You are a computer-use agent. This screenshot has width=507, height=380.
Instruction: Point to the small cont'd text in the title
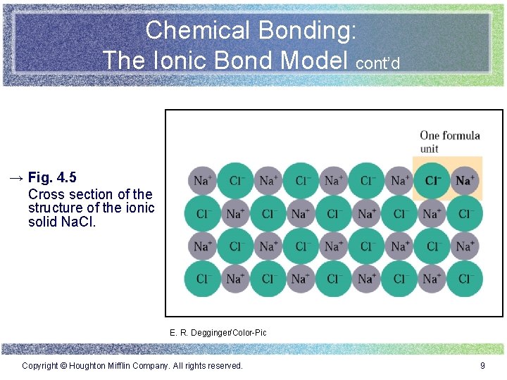pos(378,63)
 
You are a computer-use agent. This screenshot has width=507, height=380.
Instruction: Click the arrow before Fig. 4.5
pos(16,177)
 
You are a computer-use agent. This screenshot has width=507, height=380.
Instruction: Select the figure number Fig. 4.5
pos(53,177)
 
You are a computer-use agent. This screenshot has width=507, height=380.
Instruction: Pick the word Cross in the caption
pos(46,194)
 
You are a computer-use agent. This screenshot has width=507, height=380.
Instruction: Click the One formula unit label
pos(449,141)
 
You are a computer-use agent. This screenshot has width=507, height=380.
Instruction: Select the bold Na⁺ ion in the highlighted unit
pos(465,181)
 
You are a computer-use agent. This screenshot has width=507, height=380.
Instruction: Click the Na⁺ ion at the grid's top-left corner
pos(202,181)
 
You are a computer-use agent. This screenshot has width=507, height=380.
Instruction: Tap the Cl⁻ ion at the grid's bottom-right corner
pos(465,279)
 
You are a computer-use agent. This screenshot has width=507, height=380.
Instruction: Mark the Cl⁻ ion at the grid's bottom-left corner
pos(202,279)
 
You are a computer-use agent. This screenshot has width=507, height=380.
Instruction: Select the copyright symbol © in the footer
pos(63,366)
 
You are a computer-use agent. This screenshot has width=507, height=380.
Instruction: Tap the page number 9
pos(482,366)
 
